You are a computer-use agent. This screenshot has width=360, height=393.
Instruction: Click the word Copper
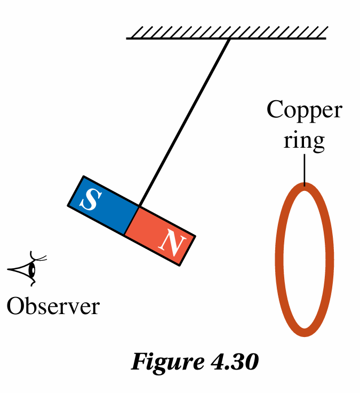(304, 110)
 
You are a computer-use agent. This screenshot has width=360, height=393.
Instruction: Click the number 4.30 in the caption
(231, 362)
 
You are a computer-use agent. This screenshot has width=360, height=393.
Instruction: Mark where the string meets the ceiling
(229, 39)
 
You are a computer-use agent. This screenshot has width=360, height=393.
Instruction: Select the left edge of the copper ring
(279, 260)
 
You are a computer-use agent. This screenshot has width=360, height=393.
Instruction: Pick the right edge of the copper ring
(331, 260)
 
